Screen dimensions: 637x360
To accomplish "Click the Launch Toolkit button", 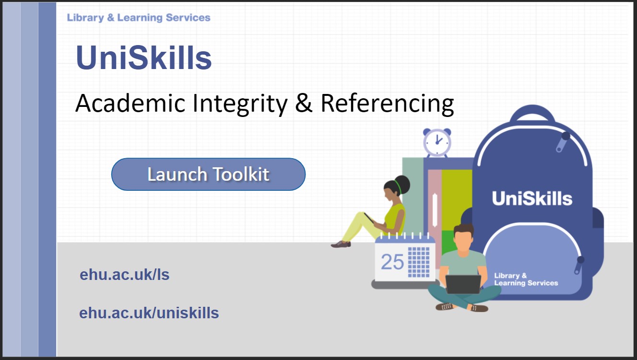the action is (x=209, y=174).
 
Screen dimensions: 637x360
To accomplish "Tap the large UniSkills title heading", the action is (x=144, y=58).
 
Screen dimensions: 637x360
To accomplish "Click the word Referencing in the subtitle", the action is (x=387, y=104).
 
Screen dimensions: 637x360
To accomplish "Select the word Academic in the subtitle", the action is (x=130, y=103).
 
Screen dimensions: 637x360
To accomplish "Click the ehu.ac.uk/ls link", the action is (x=125, y=275).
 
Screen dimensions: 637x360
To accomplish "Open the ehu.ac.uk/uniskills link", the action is (x=149, y=313).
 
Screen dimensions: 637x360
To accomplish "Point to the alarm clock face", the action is (x=437, y=142).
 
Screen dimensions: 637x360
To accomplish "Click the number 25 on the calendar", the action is (x=392, y=262).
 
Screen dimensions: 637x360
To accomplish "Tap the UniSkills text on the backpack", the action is (x=532, y=198).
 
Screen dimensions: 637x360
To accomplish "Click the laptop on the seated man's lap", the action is (x=463, y=284).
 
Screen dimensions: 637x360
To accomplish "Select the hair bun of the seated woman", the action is (x=401, y=185).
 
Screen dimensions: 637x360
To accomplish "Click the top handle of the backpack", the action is (x=532, y=114).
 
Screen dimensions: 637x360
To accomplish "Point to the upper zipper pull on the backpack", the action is (x=562, y=142).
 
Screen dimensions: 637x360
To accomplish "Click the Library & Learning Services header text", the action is (x=139, y=18).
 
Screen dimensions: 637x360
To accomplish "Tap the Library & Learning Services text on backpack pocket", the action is (x=526, y=279).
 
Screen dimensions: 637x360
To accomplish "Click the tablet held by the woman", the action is (x=369, y=218).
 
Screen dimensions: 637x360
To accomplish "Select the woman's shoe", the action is (x=341, y=244).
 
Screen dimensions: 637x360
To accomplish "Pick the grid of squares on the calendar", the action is (x=419, y=262).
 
